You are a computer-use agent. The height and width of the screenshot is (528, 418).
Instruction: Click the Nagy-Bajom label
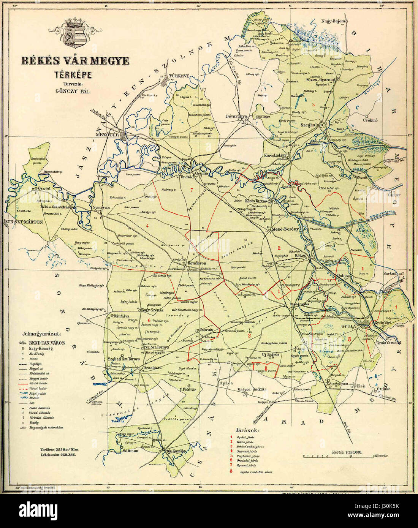(334, 21)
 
